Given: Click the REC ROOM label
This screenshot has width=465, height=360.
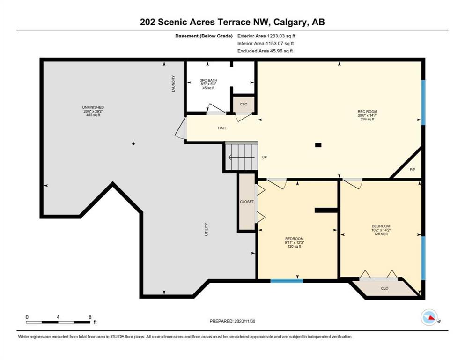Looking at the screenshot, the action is (x=367, y=112).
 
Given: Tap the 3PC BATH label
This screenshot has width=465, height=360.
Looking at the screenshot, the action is (x=208, y=80).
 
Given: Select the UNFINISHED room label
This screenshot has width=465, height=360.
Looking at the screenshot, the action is (x=93, y=107).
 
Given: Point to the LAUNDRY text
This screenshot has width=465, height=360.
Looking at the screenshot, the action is (x=173, y=84).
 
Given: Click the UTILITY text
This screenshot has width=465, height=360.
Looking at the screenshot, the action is (x=206, y=229).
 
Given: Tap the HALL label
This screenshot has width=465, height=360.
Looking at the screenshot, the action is (x=222, y=128).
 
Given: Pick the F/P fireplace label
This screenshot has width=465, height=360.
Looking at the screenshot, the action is (x=413, y=170).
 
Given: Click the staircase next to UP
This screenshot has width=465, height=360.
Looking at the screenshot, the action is (x=241, y=157).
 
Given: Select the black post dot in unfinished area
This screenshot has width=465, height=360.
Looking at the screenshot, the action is (x=133, y=143).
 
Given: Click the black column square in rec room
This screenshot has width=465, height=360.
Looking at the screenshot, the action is (x=318, y=145).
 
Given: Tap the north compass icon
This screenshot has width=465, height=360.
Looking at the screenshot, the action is (x=429, y=317).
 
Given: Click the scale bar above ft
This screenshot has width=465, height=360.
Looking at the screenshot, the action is (x=58, y=322).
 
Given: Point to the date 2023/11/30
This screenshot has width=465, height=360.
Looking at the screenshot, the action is (x=244, y=321).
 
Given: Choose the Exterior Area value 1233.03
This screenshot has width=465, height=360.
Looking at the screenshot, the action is (x=276, y=36).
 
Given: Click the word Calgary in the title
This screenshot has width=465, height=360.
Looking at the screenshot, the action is (x=290, y=22).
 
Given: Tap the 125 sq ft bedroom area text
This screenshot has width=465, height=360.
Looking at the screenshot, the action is (x=381, y=234).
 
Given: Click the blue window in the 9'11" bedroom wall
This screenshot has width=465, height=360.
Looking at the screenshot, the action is (x=287, y=280).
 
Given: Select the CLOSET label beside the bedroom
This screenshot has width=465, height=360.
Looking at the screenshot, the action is (x=247, y=202).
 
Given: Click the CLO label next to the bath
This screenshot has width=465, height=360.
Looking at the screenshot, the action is (x=244, y=104).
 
